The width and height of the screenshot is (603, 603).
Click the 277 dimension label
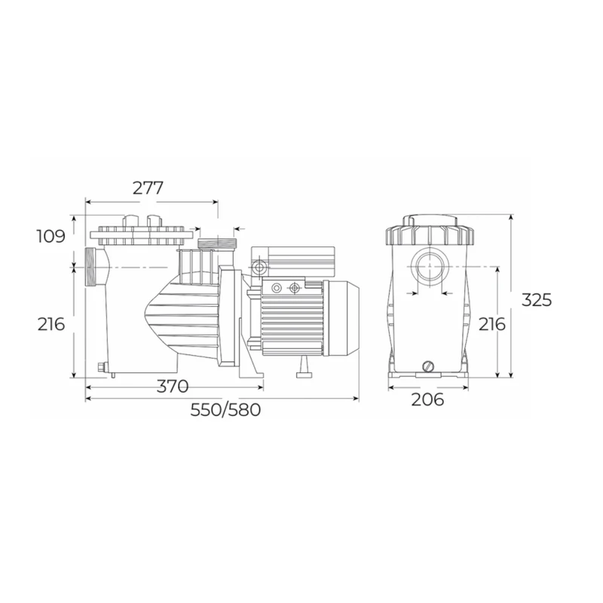tap(148, 188)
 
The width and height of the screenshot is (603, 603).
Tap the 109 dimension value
tap(51, 236)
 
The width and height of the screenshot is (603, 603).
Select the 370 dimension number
tap(173, 386)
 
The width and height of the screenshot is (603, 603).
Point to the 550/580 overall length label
tap(225, 410)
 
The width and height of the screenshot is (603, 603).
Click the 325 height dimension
tap(537, 299)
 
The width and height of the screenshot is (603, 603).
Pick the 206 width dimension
tap(427, 399)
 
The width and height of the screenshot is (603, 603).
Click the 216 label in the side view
tap(51, 324)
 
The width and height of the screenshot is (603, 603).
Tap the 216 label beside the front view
tap(492, 324)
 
